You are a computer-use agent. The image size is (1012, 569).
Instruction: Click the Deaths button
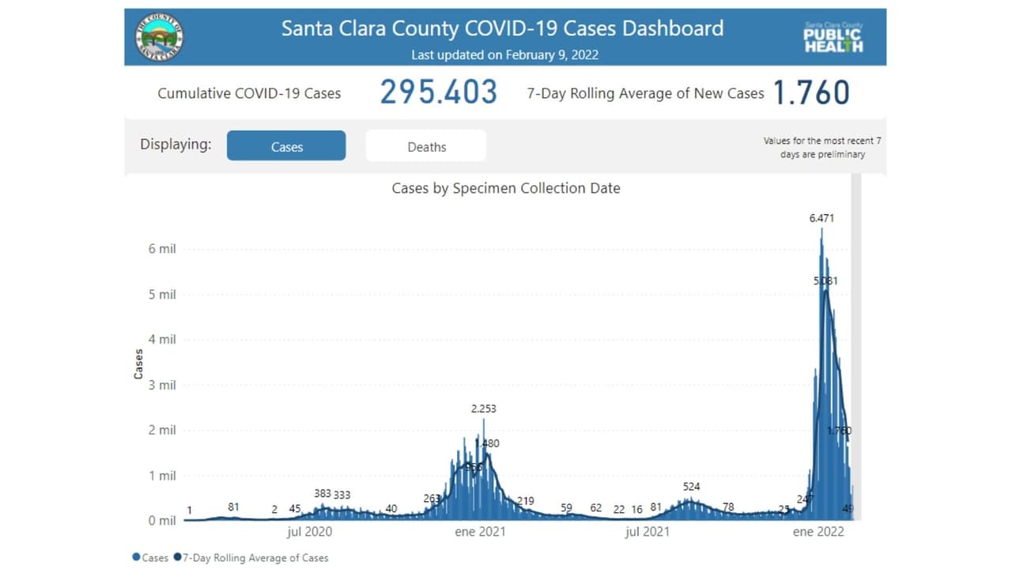click(x=426, y=146)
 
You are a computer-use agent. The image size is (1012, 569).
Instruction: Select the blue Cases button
click(x=286, y=146)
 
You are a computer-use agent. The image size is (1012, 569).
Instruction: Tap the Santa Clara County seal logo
click(x=159, y=36)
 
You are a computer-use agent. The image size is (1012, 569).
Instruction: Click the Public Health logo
click(x=833, y=37)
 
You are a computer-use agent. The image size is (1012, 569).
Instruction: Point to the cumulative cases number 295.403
click(x=439, y=92)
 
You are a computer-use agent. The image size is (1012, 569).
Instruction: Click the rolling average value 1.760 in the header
click(x=811, y=92)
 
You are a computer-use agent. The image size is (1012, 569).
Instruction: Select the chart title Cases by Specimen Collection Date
click(x=506, y=188)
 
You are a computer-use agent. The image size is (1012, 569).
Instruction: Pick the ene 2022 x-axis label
click(x=818, y=532)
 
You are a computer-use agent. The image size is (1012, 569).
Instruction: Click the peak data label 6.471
click(x=821, y=218)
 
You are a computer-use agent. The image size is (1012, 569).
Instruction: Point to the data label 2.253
click(x=483, y=409)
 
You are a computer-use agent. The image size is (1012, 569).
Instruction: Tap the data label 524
click(x=691, y=486)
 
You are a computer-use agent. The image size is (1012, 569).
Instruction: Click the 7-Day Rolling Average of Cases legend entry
click(x=255, y=558)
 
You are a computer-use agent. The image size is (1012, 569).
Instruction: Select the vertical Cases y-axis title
click(x=139, y=364)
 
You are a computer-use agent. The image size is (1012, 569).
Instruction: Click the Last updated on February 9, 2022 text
click(x=504, y=55)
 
